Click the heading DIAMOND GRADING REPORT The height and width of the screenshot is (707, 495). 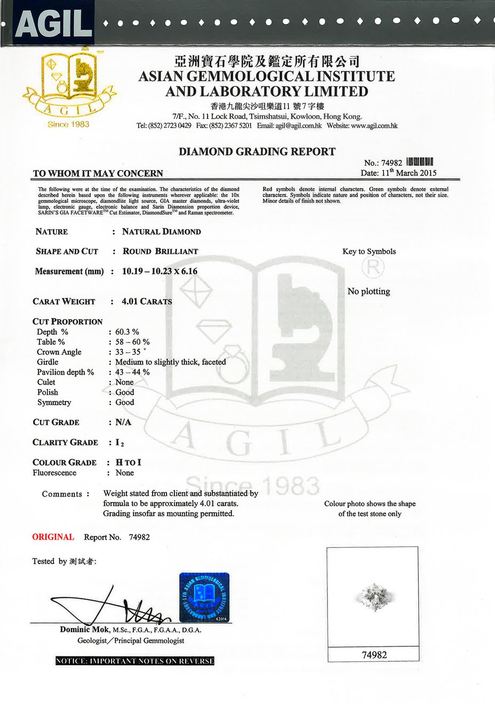tap(257, 151)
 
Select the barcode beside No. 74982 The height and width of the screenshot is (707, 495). tap(419, 162)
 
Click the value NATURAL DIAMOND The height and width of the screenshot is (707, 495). tap(161, 232)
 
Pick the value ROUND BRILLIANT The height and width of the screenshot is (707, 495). tap(160, 251)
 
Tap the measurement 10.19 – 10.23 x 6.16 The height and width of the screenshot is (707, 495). tap(159, 271)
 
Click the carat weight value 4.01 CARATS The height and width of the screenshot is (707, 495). tap(147, 302)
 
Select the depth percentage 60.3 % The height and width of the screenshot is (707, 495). tap(127, 332)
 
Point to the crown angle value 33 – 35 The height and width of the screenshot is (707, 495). tap(129, 352)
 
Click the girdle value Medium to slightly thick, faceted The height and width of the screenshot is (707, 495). tap(171, 362)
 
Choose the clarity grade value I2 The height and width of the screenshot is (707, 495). tap(119, 443)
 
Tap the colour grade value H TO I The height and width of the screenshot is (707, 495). tap(128, 462)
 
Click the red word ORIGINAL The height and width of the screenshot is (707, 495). tap(53, 537)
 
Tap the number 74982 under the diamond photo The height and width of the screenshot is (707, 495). tap(374, 655)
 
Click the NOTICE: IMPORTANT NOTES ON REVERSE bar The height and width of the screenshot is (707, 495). tap(135, 661)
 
